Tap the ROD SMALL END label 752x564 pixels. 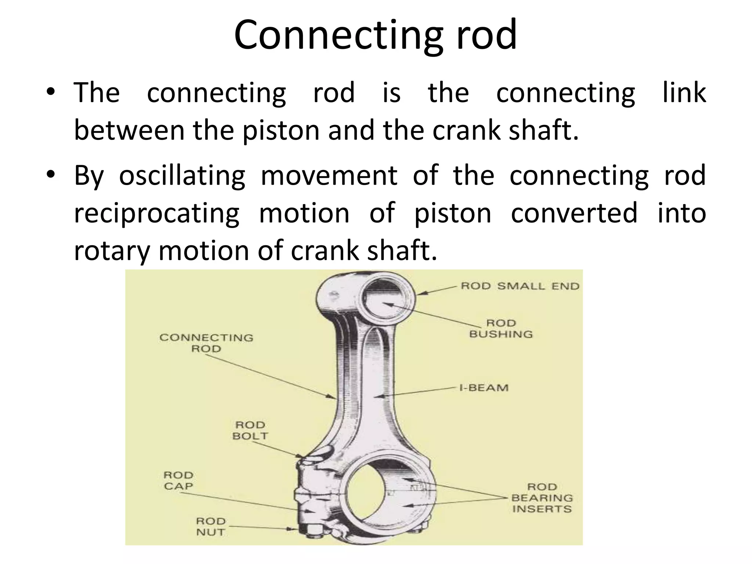[x=520, y=286]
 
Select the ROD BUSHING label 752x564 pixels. [x=501, y=329]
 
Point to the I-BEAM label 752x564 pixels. [x=484, y=388]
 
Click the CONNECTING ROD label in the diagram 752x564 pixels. [x=206, y=343]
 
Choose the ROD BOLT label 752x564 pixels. [x=250, y=430]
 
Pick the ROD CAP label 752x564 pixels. [x=178, y=481]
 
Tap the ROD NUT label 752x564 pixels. [x=210, y=527]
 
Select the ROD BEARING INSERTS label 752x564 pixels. [x=542, y=498]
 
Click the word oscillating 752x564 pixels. [x=182, y=175]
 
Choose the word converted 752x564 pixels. [x=574, y=213]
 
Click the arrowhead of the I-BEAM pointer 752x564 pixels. [x=381, y=396]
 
